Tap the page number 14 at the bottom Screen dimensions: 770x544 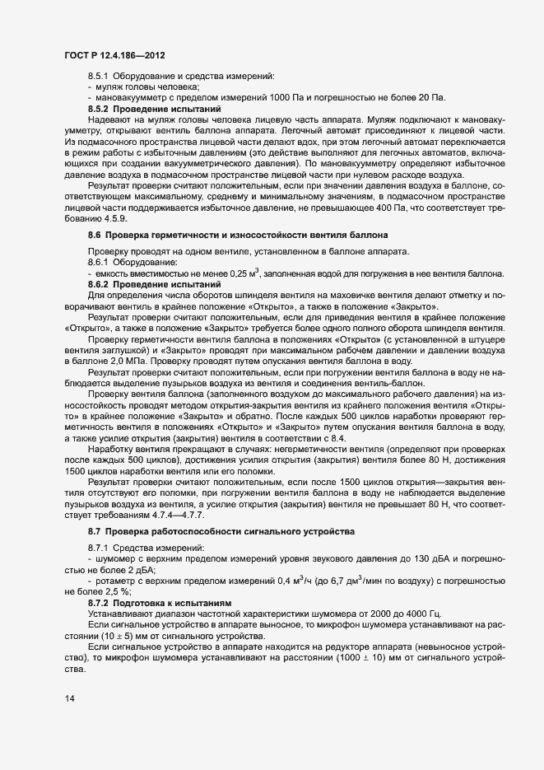tap(69, 699)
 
